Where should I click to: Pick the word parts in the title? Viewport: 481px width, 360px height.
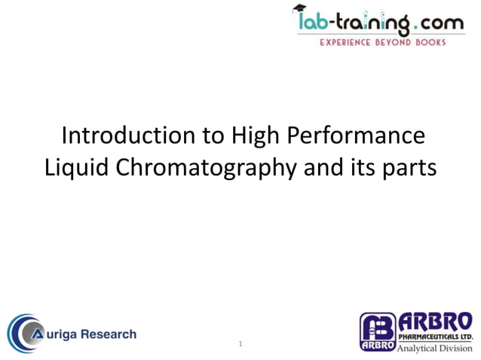pos(409,167)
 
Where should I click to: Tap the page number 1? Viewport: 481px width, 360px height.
pos(240,344)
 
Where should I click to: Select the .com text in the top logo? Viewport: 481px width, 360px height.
pos(438,25)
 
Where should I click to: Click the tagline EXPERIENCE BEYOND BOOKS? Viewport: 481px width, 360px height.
pos(383,43)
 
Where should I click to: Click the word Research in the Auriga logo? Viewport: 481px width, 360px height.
pos(111,334)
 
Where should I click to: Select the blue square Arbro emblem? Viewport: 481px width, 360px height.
pos(377,332)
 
